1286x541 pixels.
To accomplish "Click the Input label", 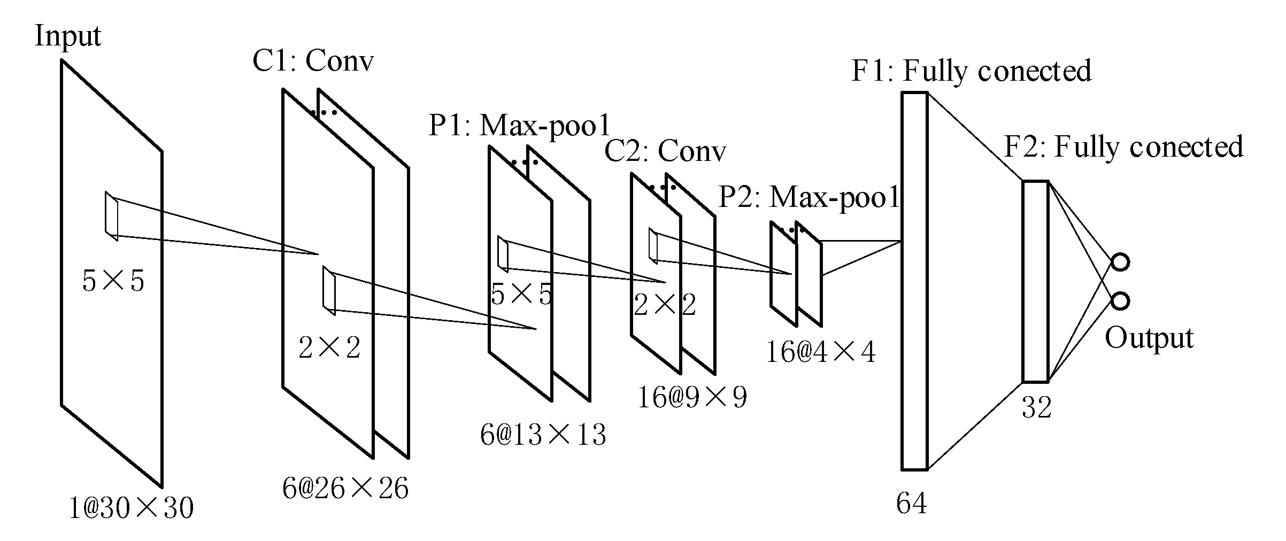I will pyautogui.click(x=67, y=36).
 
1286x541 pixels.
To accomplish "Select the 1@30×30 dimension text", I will pyautogui.click(x=131, y=508).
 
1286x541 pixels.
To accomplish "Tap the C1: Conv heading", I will pyautogui.click(x=313, y=61).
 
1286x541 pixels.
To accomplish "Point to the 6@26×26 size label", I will pyautogui.click(x=345, y=488).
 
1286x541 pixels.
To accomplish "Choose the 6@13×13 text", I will pyautogui.click(x=543, y=435).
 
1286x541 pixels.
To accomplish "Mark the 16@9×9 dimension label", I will pyautogui.click(x=692, y=397).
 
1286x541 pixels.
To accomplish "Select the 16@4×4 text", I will pyautogui.click(x=821, y=352).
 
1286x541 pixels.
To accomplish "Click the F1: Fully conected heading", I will pyautogui.click(x=971, y=71).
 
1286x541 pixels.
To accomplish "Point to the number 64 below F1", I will pyautogui.click(x=911, y=503).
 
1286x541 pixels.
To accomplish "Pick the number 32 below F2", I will pyautogui.click(x=1036, y=408).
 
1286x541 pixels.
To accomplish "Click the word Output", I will pyautogui.click(x=1149, y=338).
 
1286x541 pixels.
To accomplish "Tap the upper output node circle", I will pyautogui.click(x=1120, y=262).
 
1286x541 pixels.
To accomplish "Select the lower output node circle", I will pyautogui.click(x=1120, y=301).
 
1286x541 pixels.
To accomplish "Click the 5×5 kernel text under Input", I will pyautogui.click(x=113, y=281).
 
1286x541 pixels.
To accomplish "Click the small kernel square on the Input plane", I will pyautogui.click(x=111, y=216).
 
